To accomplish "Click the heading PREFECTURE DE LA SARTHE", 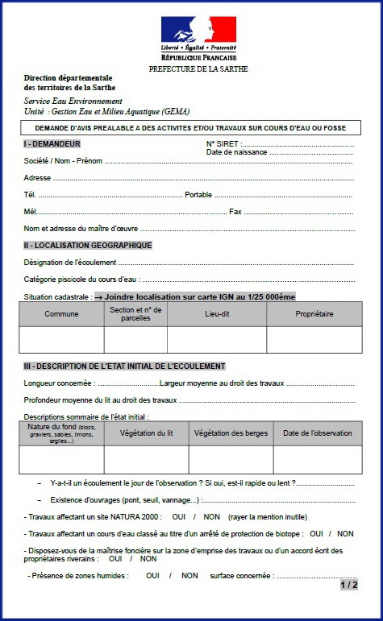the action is click(x=198, y=69).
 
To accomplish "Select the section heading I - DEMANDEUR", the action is click(x=52, y=143).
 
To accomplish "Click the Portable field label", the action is click(x=198, y=194).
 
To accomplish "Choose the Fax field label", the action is click(x=235, y=211).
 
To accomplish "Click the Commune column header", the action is click(x=61, y=314).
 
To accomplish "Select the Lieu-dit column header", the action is click(x=217, y=314).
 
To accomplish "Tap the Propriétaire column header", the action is click(x=314, y=314).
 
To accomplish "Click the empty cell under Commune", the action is click(x=61, y=340).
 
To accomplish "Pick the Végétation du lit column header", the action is click(x=146, y=433).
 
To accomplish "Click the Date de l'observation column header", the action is click(x=317, y=433).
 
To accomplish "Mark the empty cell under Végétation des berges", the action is click(x=231, y=459).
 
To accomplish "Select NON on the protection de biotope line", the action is click(x=345, y=533).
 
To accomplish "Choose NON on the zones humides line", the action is click(x=189, y=575).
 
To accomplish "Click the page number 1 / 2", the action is click(x=349, y=585).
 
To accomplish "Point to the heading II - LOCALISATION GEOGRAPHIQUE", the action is click(x=88, y=245).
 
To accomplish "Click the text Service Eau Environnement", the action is click(x=73, y=101).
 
